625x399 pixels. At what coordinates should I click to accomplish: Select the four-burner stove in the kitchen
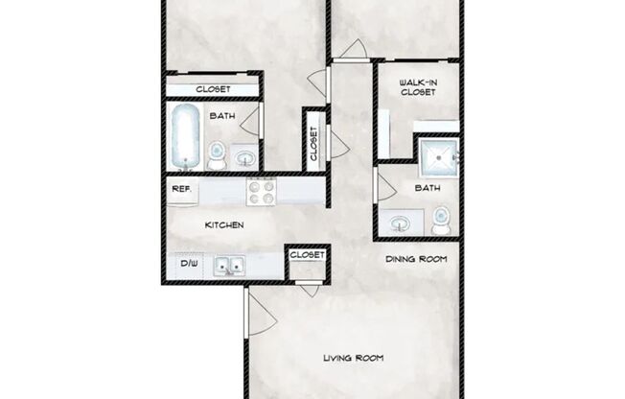[262, 193]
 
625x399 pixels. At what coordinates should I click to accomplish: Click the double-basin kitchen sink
[230, 266]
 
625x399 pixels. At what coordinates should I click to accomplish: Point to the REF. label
[181, 191]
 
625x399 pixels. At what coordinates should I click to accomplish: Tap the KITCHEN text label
[225, 225]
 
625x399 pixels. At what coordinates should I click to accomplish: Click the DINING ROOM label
[417, 260]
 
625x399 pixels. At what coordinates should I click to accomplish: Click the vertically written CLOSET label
[313, 142]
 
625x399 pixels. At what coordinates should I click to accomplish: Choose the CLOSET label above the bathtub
[212, 90]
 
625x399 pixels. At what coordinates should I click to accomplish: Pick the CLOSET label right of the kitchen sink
[306, 255]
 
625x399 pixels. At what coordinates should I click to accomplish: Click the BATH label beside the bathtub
[222, 116]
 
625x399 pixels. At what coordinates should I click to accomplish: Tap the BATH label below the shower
[427, 189]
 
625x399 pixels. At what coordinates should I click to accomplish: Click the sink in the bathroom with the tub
[245, 157]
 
